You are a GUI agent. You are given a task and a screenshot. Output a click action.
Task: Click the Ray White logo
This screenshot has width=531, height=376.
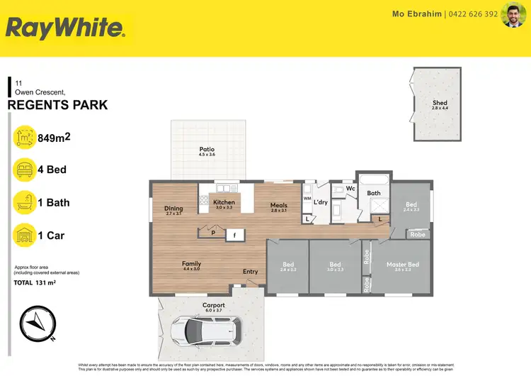(x=66, y=28)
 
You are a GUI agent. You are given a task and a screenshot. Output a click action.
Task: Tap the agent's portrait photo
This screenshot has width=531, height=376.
(x=513, y=15)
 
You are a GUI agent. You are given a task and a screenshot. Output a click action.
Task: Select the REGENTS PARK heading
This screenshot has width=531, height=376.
(x=57, y=106)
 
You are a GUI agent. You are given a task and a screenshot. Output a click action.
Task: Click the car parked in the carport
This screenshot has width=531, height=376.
(x=206, y=330)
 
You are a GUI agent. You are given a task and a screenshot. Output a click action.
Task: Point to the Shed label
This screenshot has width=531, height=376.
(x=440, y=104)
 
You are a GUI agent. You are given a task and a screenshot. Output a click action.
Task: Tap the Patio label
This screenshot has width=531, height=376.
(x=207, y=150)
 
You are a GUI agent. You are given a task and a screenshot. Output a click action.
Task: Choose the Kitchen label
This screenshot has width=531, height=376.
(x=224, y=202)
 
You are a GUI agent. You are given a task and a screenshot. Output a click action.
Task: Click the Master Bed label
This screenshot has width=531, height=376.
(x=402, y=265)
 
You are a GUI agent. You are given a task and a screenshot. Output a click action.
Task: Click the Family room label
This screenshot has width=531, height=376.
(x=192, y=264)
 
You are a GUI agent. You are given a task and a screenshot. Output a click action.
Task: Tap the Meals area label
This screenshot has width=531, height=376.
(x=278, y=206)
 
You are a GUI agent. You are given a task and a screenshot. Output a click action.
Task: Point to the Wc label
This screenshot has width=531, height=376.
(x=350, y=189)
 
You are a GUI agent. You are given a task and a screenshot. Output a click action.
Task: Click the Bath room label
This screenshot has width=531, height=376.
(x=374, y=193)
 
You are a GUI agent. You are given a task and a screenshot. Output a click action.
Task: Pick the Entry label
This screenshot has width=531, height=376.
(x=251, y=272)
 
